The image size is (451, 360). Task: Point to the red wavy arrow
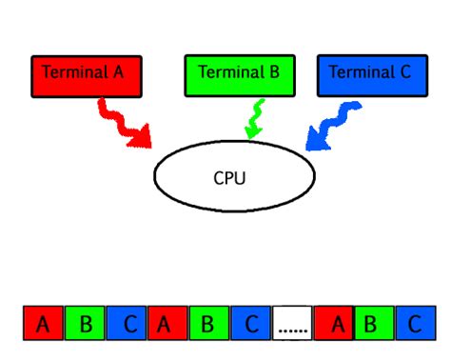click(122, 122)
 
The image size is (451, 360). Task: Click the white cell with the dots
click(293, 324)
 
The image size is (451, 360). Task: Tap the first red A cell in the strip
click(43, 324)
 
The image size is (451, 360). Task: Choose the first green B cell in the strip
click(86, 324)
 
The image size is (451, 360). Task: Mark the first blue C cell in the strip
click(127, 324)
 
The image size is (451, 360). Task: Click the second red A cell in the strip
click(167, 324)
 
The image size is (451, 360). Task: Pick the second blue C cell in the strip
click(251, 324)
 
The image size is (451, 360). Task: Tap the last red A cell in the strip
click(334, 324)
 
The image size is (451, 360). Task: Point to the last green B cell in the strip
click(374, 324)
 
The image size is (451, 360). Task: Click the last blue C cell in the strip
click(415, 324)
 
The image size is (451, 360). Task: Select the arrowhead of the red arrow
click(142, 139)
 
